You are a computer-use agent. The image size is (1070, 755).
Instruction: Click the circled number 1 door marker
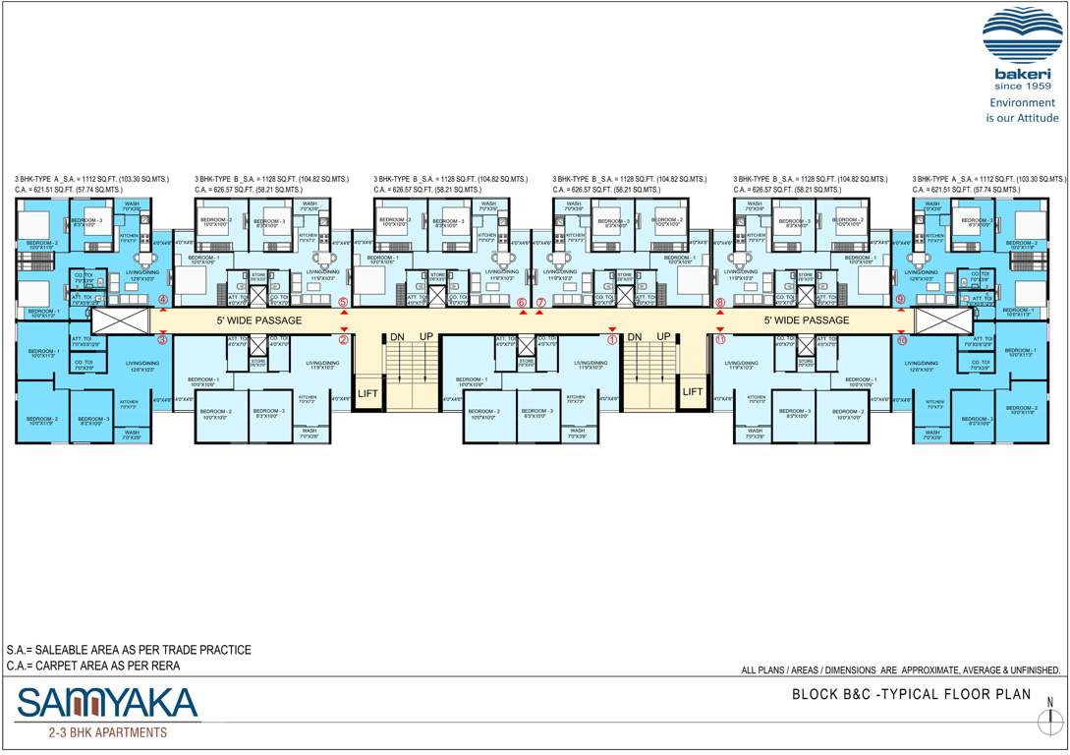click(612, 340)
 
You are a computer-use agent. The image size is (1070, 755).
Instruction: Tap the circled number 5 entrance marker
click(343, 303)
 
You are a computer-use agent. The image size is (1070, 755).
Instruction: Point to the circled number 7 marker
click(540, 303)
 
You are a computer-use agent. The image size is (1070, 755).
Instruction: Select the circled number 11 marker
click(720, 340)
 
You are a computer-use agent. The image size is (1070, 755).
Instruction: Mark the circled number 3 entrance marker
click(163, 340)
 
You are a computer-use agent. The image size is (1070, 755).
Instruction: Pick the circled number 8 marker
click(720, 303)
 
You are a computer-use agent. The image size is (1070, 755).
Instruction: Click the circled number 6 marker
click(522, 303)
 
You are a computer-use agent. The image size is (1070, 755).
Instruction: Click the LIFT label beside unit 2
click(367, 393)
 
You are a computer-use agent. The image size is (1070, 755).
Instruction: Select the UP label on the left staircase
click(427, 336)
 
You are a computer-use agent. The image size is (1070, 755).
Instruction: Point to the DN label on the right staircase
click(635, 336)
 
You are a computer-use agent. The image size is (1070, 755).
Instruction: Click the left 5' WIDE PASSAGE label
click(259, 320)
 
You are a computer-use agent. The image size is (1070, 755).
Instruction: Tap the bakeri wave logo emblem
click(1023, 37)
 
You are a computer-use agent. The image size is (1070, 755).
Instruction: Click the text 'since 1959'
click(1023, 87)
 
